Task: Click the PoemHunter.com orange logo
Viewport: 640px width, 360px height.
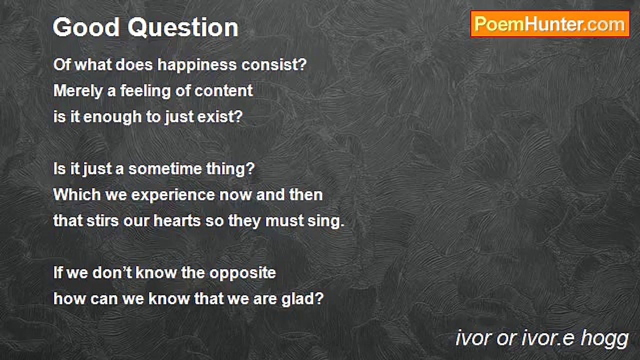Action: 550,24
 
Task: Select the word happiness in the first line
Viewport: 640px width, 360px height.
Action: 197,65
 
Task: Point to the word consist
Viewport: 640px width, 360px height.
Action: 273,64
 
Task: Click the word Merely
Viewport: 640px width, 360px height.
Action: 78,91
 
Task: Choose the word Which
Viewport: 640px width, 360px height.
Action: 77,195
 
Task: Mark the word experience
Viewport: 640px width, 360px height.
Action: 172,195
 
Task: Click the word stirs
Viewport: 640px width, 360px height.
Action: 102,221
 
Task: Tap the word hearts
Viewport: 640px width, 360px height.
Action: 177,221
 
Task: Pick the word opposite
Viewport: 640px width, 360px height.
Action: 243,273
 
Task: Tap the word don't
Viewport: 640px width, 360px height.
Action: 112,273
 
